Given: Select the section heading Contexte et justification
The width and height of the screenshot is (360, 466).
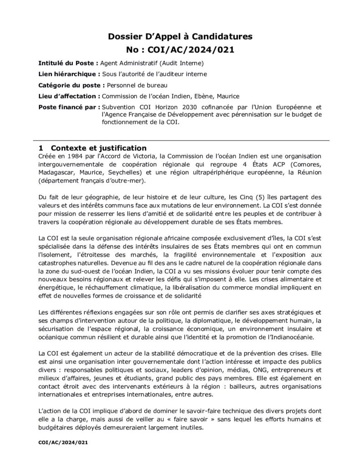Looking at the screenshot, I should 98,148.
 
